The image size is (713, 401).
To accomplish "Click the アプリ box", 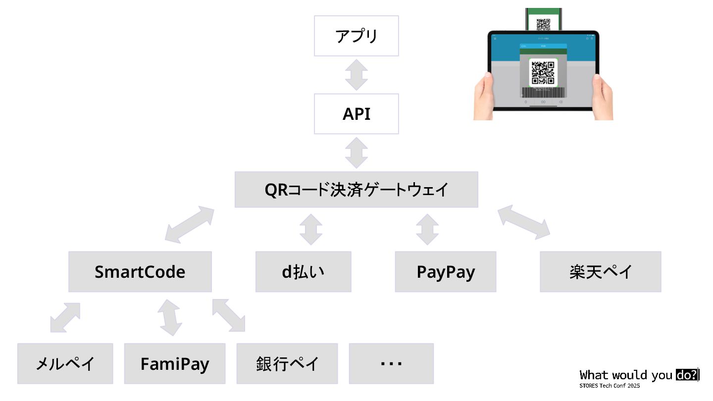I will click(356, 36).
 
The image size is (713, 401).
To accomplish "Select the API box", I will click(356, 114).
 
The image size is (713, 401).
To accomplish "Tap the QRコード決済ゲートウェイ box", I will click(356, 190).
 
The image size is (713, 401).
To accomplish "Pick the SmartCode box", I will click(140, 272).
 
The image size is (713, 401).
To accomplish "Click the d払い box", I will click(303, 272).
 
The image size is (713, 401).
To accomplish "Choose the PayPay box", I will click(445, 272).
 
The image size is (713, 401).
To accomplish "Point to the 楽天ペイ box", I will click(600, 272).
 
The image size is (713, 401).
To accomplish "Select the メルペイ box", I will click(65, 364).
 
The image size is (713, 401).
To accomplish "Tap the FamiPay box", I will click(174, 364).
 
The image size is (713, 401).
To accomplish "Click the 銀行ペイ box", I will click(287, 364).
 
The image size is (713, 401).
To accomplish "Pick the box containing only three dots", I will click(391, 364).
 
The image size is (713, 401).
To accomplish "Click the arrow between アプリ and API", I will click(356, 75).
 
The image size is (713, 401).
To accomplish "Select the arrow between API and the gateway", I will click(356, 152).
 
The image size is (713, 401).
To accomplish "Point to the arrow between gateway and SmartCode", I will click(189, 225).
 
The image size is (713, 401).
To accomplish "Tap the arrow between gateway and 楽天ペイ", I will click(524, 222).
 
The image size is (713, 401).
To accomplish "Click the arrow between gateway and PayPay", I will click(427, 229).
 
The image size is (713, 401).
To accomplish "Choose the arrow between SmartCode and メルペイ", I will click(65, 317).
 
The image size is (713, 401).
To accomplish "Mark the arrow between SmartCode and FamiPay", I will click(169, 317).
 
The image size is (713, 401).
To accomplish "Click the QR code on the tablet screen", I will click(543, 72).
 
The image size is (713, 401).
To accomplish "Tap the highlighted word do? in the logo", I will click(687, 375).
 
